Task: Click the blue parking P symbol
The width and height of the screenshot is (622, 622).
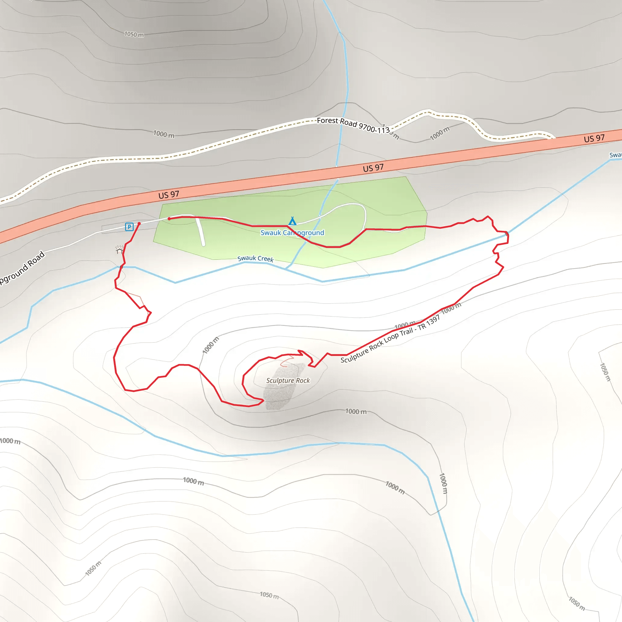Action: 129,227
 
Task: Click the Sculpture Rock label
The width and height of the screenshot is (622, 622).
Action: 288,381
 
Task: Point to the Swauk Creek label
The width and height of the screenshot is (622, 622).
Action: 255,258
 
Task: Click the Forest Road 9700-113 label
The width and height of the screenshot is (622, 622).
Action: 353,125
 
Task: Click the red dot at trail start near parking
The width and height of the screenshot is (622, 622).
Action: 139,224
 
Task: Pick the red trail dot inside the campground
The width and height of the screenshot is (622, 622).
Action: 169,219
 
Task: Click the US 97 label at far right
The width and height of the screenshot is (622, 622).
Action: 594,138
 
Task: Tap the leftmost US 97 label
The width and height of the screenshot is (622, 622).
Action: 168,195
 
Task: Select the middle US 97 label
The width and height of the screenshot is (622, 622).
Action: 373,168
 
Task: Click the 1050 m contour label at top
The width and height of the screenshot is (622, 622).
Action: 134,34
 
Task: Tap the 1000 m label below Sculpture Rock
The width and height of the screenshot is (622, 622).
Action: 356,412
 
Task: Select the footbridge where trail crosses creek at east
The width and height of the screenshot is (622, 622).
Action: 507,234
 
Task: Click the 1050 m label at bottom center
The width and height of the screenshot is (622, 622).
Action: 269,595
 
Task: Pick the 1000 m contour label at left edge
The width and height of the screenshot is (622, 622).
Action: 10,441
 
